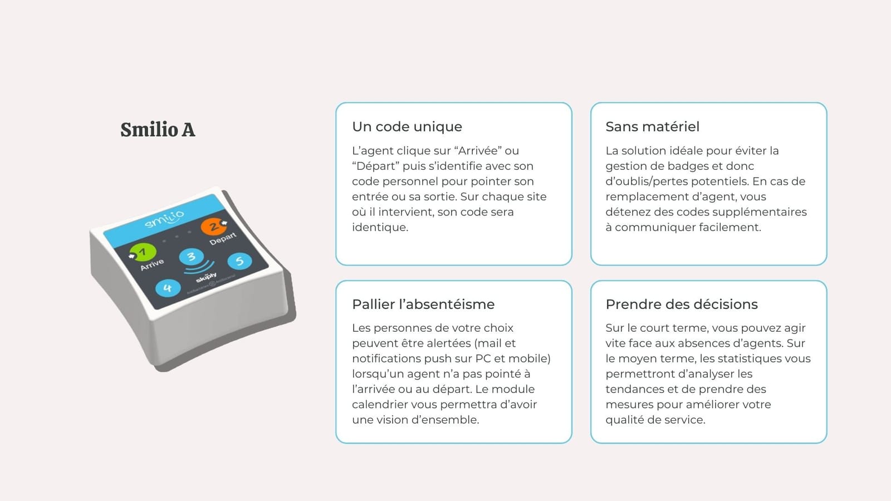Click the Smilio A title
point(158,130)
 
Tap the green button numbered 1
point(143,252)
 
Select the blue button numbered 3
point(192,257)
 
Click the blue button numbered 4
point(168,288)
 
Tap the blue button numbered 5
point(239,261)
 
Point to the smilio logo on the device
point(164,219)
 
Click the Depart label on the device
point(223,239)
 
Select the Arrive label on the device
point(152,264)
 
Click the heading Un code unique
point(407,126)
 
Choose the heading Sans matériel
point(652,126)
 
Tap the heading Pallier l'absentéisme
point(423,304)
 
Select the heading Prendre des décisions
point(682,304)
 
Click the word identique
point(380,228)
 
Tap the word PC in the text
point(483,358)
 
